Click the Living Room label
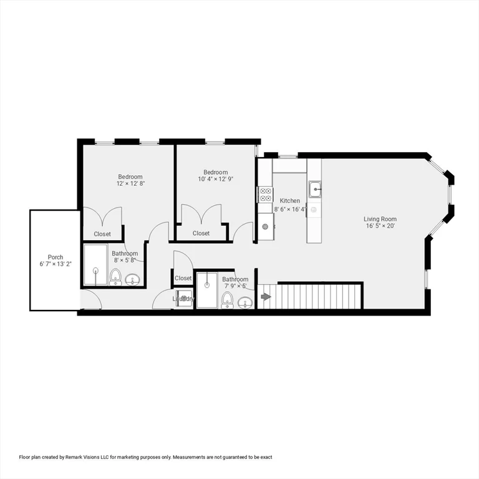click(x=380, y=219)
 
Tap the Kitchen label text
click(x=289, y=201)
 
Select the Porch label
click(x=55, y=257)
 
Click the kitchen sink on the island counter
click(x=315, y=188)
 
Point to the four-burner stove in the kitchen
click(x=264, y=194)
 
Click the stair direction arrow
click(x=266, y=298)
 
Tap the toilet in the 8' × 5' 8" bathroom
click(x=115, y=276)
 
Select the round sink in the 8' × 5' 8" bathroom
click(x=132, y=278)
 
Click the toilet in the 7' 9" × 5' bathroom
click(x=226, y=300)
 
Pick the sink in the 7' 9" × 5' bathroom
click(x=245, y=302)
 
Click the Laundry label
click(x=183, y=299)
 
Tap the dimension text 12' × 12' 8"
click(x=130, y=184)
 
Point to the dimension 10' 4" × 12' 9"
click(x=215, y=180)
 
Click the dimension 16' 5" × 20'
click(x=380, y=226)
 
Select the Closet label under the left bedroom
click(x=102, y=234)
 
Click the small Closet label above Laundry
click(x=183, y=278)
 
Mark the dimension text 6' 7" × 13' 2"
click(x=55, y=264)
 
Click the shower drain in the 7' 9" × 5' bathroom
click(x=206, y=285)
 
